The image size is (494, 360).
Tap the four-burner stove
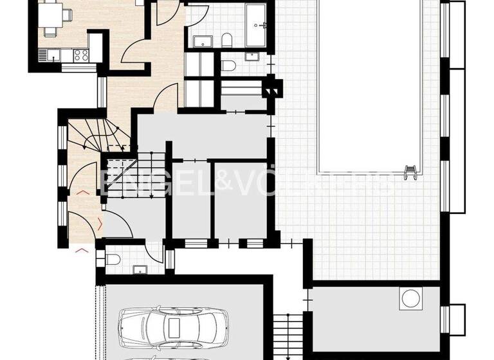(x=81, y=55)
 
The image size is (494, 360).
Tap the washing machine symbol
(x=409, y=298)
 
